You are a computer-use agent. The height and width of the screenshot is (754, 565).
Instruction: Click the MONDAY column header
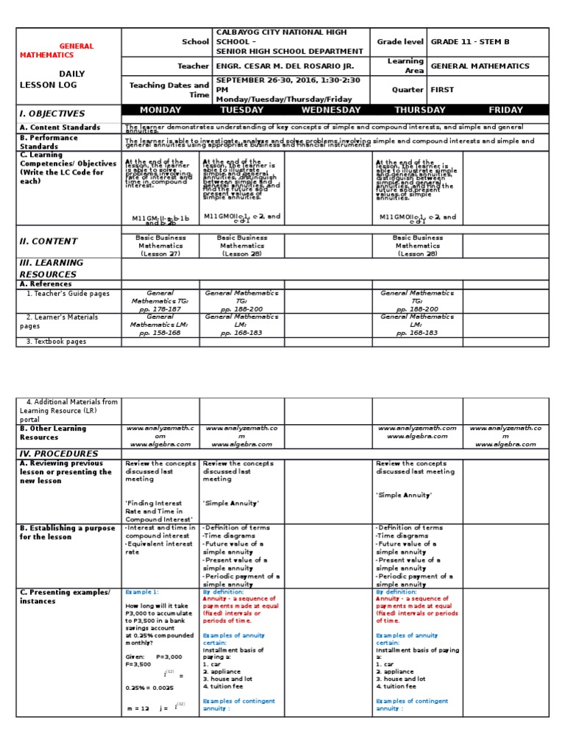click(160, 110)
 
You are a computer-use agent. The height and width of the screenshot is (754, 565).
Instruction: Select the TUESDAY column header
click(241, 110)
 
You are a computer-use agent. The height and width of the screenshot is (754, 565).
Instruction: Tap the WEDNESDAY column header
click(328, 110)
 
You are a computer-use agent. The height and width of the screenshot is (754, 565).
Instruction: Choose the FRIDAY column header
click(505, 110)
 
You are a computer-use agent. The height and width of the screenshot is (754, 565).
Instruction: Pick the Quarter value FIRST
click(442, 90)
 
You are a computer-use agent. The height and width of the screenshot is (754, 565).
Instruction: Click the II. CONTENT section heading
click(49, 242)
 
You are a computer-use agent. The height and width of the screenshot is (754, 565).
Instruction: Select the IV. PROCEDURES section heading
click(59, 454)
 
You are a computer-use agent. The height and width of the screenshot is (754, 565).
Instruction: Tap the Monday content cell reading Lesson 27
click(160, 246)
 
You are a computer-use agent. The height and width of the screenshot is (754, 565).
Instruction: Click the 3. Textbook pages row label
click(56, 342)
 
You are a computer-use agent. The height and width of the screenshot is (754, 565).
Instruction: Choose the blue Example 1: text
click(142, 592)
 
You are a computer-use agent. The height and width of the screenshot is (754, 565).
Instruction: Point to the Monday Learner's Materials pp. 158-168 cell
click(160, 325)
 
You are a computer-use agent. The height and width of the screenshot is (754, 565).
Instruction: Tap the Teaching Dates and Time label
click(169, 90)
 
